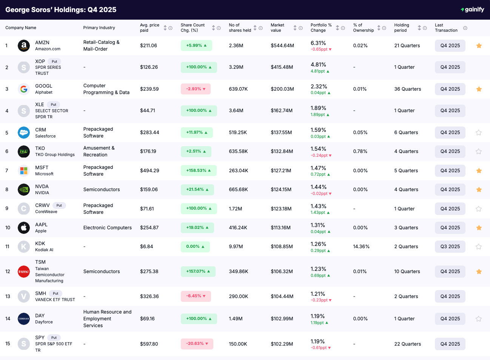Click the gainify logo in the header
pos(472,9)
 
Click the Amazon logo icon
pos(24,46)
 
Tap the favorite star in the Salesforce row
pos(479,133)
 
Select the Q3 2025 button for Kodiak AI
pos(450,247)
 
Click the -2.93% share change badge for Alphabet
pos(196,89)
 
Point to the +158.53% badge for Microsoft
pos(199,171)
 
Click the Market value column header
pos(277,28)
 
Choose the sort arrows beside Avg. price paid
pos(165,28)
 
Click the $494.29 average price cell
pos(149,171)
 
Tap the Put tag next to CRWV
pos(59,205)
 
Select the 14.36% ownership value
pos(361,247)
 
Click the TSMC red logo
pos(24,272)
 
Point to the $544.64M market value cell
pos(282,46)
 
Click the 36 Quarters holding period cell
pos(407,89)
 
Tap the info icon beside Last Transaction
pos(465,28)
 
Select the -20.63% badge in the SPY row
pos(197,344)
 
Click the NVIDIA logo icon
pos(24,190)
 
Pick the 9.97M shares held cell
pos(236,247)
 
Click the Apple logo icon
pos(24,228)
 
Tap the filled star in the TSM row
pos(479,272)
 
